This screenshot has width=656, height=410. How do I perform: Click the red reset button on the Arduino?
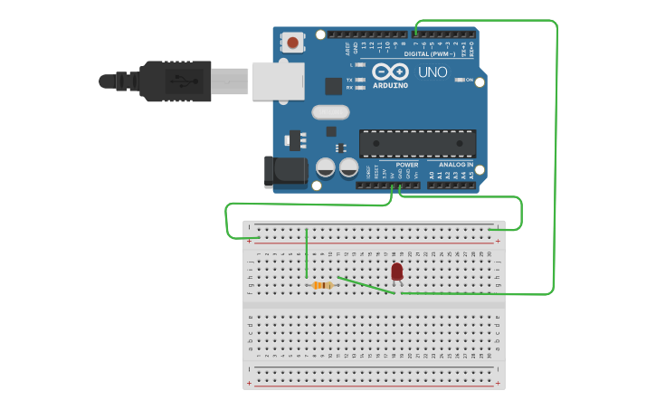pos(293,42)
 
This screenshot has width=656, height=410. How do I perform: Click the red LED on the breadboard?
pos(397,271)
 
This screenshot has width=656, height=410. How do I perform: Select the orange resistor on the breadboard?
pos(322,285)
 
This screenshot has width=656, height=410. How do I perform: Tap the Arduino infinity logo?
pos(390,72)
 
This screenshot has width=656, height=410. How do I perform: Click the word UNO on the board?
pos(433,72)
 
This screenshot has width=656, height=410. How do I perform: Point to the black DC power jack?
pos(280,172)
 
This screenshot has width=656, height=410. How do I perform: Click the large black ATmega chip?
pos(417,144)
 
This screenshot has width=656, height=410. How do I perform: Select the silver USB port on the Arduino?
pos(277,81)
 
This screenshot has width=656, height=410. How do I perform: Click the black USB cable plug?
pos(176,81)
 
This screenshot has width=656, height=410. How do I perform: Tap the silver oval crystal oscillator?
pos(330,112)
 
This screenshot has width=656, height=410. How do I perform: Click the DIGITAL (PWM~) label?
pos(430,54)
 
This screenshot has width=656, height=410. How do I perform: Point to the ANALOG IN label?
pos(456,165)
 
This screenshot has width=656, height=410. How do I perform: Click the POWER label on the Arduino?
pos(406,165)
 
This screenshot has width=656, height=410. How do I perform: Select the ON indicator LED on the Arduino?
pos(460,81)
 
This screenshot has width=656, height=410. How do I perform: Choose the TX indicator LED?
pos(360,80)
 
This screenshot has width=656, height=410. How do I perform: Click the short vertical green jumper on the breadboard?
pos(307,253)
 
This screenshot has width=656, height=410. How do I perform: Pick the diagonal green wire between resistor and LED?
pos(366,285)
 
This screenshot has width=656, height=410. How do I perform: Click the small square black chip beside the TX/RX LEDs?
pos(333,86)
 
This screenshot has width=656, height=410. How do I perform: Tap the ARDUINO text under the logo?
pos(390,85)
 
